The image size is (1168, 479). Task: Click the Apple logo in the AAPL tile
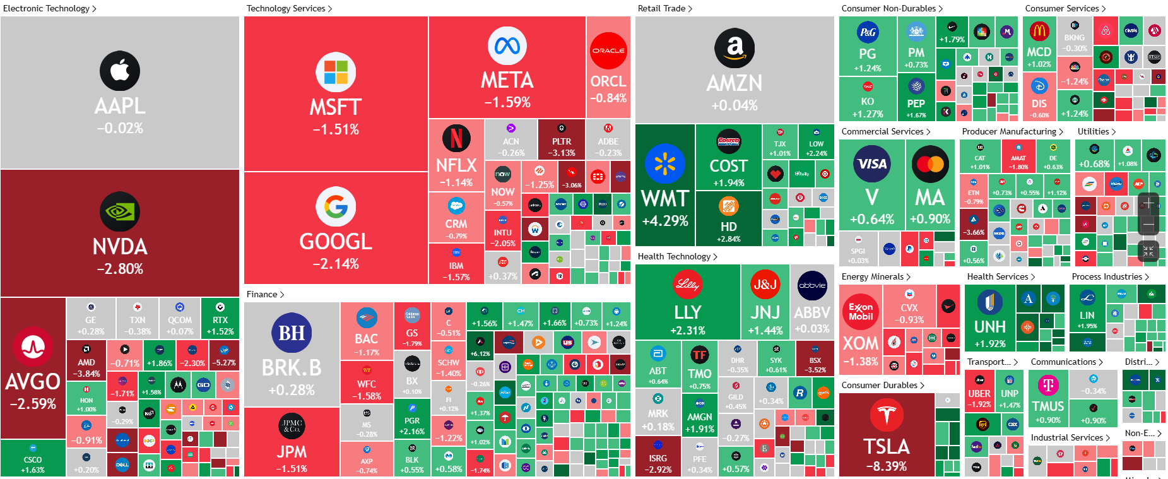coord(120,71)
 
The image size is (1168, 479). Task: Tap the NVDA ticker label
coord(120,247)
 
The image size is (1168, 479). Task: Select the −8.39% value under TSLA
coord(887,466)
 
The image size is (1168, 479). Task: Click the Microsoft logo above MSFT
coord(336,72)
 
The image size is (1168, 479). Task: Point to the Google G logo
coord(336,206)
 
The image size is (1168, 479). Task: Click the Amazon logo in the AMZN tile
coord(734,48)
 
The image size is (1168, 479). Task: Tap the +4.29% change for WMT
coord(665,221)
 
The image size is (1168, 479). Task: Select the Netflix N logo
coord(456,138)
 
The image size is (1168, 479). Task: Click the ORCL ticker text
coord(608,81)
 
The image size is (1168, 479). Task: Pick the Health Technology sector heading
coord(674,256)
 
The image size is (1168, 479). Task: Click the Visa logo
coord(872,163)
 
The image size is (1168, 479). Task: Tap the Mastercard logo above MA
coord(930,164)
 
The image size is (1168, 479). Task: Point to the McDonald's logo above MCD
coord(1039,30)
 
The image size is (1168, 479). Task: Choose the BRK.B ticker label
coord(292,368)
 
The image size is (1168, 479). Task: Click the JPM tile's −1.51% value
coord(292,469)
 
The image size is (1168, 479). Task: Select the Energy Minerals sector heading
coord(873,276)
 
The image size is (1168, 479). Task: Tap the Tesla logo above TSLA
coord(887,416)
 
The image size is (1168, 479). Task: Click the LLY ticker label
coord(687,312)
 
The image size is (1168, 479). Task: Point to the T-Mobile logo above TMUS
coord(1048,384)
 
